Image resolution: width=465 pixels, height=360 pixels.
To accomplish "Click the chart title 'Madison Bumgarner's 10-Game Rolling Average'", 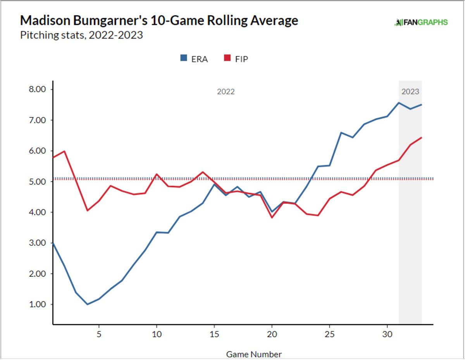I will (x=159, y=20).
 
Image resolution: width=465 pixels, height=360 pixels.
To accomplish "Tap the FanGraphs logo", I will (x=421, y=22).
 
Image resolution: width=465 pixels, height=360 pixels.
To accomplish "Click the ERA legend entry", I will (x=194, y=59).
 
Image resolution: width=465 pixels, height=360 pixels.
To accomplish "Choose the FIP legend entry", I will (x=236, y=59).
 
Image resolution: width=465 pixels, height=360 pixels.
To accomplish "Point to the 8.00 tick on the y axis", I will (x=38, y=89).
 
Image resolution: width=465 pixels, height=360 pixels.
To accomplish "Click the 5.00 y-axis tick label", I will (x=38, y=182).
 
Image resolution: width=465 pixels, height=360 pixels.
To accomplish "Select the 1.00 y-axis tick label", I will (x=38, y=304).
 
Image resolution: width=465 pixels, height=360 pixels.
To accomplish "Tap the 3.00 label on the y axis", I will (x=38, y=243).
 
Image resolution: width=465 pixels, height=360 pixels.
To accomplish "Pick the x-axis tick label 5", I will (x=99, y=334).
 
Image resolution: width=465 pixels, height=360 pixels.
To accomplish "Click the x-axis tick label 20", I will (x=272, y=334).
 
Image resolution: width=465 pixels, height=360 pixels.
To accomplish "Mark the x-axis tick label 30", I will (x=387, y=334).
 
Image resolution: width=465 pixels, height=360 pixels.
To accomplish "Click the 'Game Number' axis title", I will (x=254, y=354).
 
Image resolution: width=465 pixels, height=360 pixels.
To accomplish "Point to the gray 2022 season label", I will (x=226, y=92).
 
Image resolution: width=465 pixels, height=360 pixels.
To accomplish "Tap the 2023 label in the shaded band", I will (x=410, y=92).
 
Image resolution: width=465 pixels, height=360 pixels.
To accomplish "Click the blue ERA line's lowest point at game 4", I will (x=87, y=304).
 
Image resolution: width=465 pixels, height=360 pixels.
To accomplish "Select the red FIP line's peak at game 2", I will (x=64, y=151).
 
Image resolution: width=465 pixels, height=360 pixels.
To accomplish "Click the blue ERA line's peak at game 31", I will (x=399, y=103).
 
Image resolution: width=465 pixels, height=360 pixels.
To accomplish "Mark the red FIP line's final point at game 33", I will (x=422, y=137).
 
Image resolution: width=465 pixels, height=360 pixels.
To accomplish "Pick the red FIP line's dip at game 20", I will (x=272, y=218).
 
